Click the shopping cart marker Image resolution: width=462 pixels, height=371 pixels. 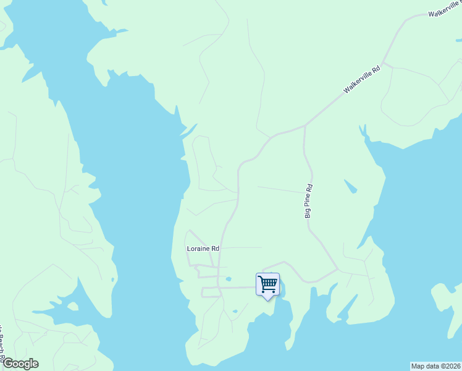click(267, 285)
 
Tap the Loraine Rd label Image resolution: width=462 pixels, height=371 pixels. click(203, 249)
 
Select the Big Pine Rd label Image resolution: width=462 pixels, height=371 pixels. click(308, 201)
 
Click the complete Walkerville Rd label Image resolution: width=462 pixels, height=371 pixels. click(361, 80)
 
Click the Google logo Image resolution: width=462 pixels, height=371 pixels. click(20, 364)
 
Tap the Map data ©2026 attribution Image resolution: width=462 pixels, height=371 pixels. click(436, 366)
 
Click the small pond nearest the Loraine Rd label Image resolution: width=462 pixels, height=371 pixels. click(228, 279)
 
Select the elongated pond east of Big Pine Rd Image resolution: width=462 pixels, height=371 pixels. click(350, 185)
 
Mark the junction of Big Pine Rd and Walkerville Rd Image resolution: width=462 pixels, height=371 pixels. click(305, 126)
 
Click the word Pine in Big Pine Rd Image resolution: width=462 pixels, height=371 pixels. click(308, 199)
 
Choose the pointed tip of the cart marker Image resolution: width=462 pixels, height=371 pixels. click(267, 300)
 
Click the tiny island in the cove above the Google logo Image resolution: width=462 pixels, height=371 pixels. click(73, 306)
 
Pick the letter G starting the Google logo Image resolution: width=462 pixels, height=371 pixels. click(7, 364)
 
